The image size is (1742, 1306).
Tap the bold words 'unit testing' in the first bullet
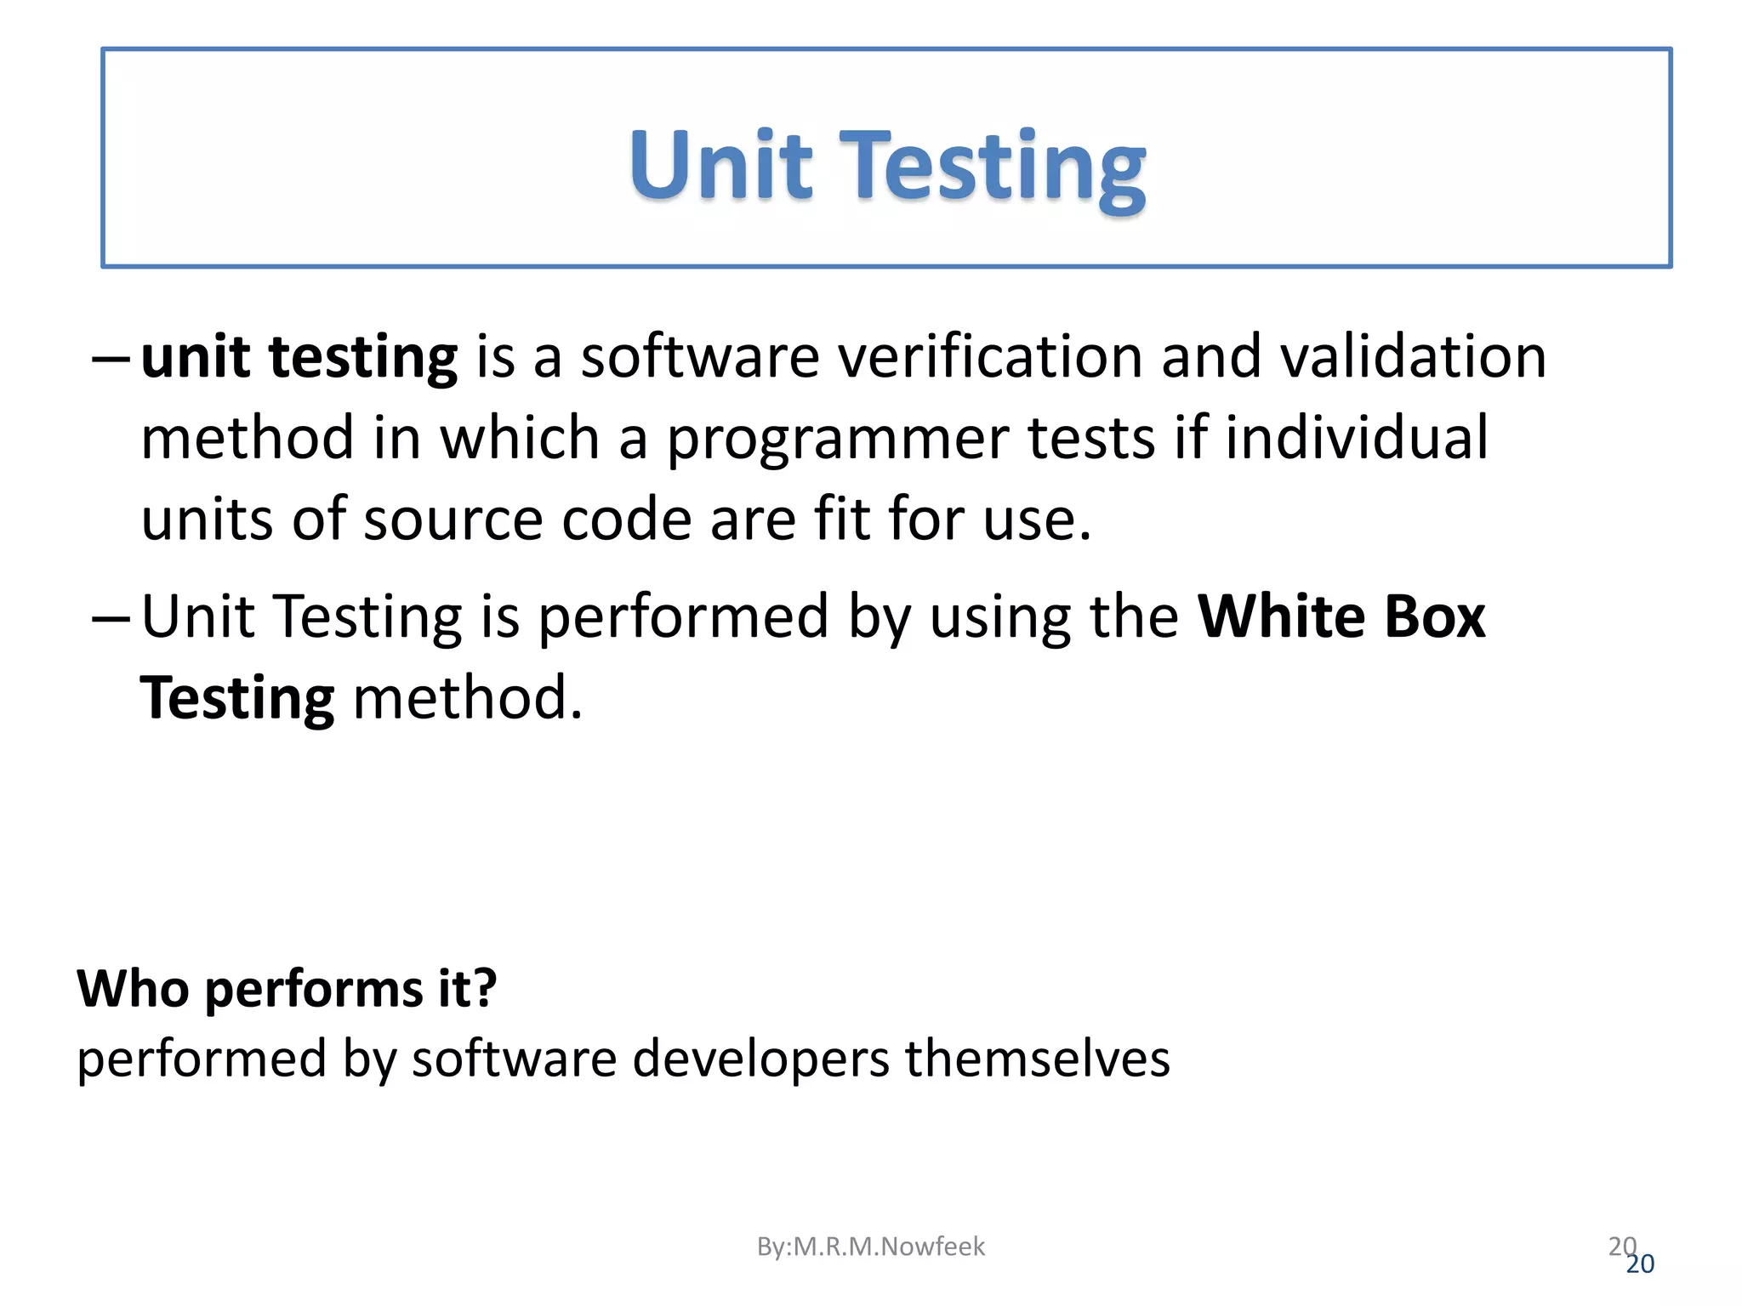(x=299, y=357)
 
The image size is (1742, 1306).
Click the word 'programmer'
(x=837, y=439)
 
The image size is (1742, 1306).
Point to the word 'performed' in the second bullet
(x=684, y=617)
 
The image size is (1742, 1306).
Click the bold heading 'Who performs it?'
(x=287, y=989)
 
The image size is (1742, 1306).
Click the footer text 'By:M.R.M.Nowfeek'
(x=870, y=1246)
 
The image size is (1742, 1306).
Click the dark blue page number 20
(x=1641, y=1265)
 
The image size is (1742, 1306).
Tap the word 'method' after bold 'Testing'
(x=468, y=697)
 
